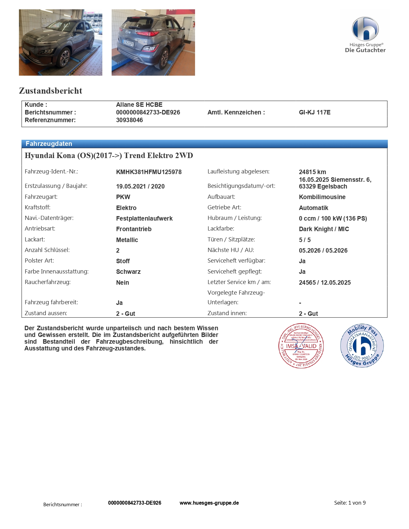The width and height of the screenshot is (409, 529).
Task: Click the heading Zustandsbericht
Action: pos(51,91)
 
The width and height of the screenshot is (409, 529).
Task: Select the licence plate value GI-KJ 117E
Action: pos(314,113)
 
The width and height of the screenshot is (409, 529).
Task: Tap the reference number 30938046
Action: pos(129,120)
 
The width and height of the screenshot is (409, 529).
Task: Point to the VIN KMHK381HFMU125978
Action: pos(149,172)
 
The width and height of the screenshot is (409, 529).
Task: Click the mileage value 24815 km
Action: pos(312,172)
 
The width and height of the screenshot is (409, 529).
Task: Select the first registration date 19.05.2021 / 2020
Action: pos(140,187)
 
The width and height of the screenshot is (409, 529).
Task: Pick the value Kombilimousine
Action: pos(322,197)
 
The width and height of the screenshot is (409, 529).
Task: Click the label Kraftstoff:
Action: pos(38,207)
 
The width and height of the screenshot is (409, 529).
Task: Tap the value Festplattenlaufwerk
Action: pos(144,219)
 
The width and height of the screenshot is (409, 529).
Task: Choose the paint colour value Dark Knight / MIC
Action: pos(324,229)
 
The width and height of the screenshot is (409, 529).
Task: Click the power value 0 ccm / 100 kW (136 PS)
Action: pos(333,219)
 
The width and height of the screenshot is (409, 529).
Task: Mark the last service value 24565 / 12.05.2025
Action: pos(325,283)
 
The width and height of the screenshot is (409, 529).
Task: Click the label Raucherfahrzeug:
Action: pos(47,282)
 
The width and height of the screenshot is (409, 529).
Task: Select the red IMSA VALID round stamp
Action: pos(301,346)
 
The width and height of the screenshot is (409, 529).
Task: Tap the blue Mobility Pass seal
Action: pos(362,346)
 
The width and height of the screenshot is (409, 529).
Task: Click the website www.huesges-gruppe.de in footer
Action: pos(209,503)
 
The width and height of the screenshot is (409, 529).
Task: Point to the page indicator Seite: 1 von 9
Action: pos(350,503)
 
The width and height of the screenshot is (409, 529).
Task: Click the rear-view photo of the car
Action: pos(153,42)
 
